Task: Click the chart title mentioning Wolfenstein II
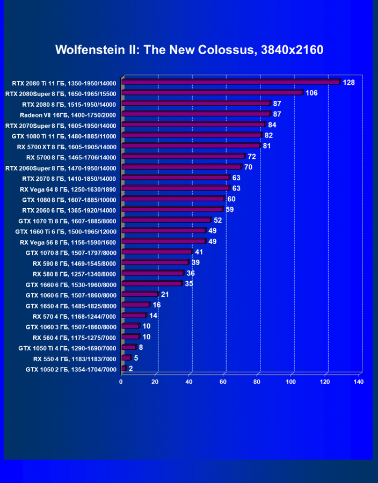(189, 50)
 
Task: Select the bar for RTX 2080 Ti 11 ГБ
(231, 83)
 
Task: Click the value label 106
(311, 93)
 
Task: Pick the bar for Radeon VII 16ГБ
(196, 114)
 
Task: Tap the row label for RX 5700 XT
(66, 147)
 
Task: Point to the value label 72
(251, 157)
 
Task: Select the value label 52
(217, 220)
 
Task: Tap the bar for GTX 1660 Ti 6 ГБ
(164, 231)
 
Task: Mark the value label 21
(165, 294)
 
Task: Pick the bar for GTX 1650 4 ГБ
(135, 305)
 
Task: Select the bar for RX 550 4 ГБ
(126, 358)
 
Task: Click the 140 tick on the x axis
(359, 382)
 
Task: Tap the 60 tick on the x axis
(223, 382)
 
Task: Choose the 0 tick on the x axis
(121, 382)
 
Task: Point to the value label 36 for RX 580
(190, 273)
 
